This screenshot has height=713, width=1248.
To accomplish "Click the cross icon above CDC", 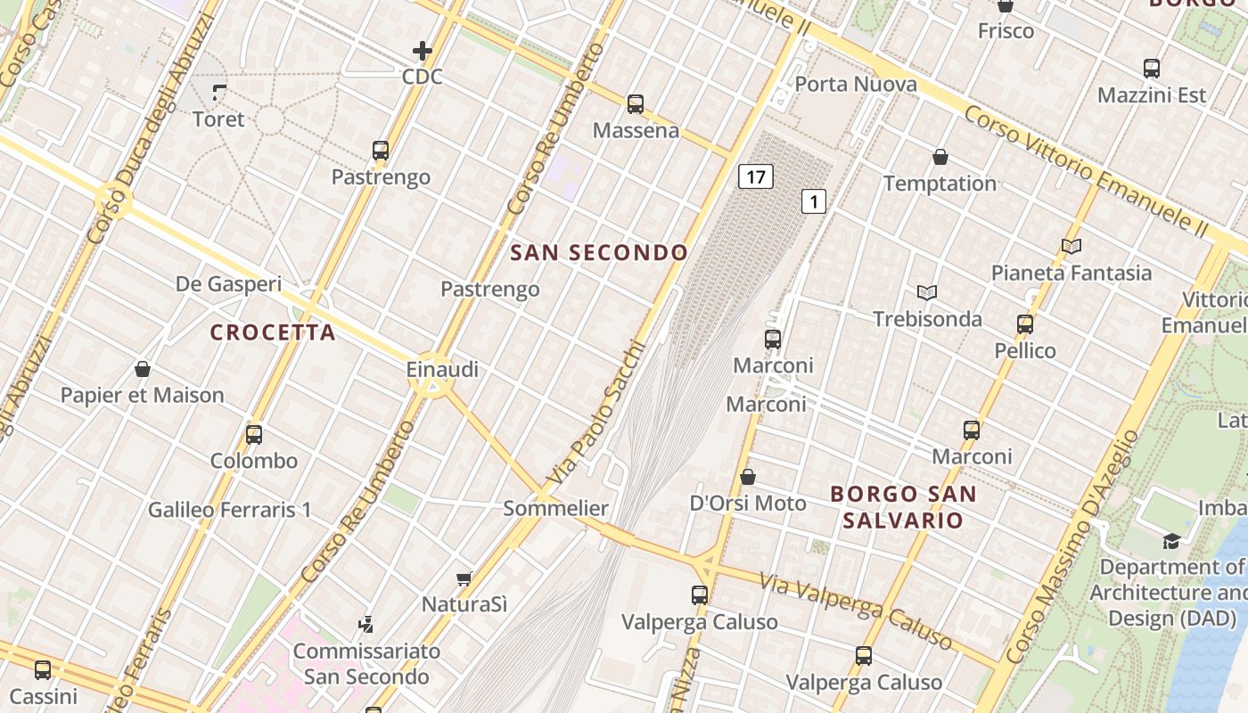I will [x=423, y=51].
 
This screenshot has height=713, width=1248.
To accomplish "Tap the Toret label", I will [x=218, y=119].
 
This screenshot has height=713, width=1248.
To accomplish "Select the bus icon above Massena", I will [x=636, y=104].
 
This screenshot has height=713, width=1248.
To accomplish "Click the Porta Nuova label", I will [x=856, y=84].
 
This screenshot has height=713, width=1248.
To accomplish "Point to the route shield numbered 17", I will [x=755, y=176].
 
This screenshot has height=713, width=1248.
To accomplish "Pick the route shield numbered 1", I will [x=813, y=201].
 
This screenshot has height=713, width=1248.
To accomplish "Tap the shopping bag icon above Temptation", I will [x=940, y=158].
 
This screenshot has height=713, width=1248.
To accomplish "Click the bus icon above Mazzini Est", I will [x=1152, y=69].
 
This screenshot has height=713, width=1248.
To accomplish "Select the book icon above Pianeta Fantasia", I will [x=1071, y=246].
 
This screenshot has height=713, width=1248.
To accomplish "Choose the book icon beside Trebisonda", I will [x=927, y=292].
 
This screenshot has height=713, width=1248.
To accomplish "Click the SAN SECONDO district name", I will [x=599, y=253].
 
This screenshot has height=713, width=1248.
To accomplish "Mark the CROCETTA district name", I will [x=273, y=332].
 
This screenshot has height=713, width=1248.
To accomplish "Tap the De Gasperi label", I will [x=228, y=284].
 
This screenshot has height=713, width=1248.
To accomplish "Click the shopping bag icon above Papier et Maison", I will [x=143, y=369].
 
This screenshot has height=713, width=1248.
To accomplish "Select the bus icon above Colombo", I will [x=254, y=435].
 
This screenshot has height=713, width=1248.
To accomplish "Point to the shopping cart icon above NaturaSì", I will [x=464, y=578].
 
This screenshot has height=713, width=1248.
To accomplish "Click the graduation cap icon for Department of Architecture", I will [x=1171, y=541].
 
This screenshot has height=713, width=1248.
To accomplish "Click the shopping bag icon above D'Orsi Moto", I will [x=748, y=477].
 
